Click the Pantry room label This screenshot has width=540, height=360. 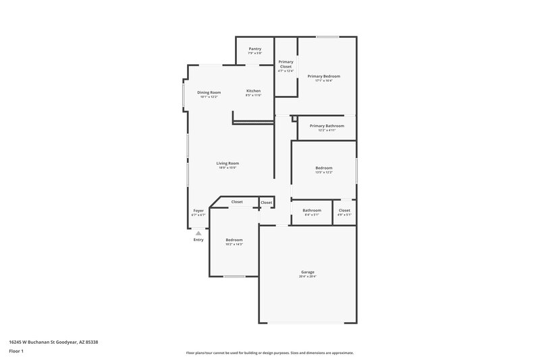(254, 49)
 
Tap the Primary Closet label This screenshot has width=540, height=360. (286, 65)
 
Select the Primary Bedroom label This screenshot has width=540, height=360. (324, 76)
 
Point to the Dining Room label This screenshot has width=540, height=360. (209, 92)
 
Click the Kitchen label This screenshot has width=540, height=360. (253, 91)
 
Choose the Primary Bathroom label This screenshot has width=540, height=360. (327, 126)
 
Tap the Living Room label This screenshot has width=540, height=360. (227, 163)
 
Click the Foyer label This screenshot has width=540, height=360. (198, 211)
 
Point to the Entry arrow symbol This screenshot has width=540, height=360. (198, 233)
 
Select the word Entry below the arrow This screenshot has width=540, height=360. (198, 240)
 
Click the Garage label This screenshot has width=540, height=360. (308, 272)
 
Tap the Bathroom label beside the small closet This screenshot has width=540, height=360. (312, 210)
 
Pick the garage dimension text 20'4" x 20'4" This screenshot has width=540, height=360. (308, 277)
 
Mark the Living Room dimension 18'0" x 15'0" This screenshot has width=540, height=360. (227, 168)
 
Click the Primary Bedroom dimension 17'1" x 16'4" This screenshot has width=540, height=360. (324, 81)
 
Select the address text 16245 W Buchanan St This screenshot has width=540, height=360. (44, 342)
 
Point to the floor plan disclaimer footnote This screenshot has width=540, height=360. (269, 353)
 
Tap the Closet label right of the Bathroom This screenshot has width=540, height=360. (344, 210)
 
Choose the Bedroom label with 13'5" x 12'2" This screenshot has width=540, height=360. (324, 168)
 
